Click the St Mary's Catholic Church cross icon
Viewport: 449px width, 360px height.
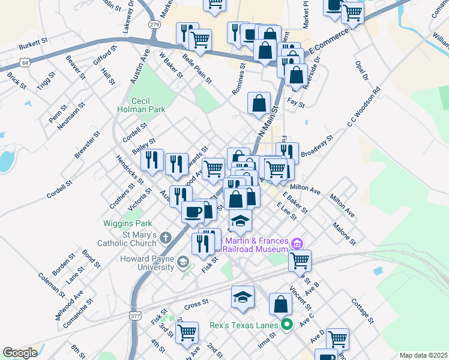166,239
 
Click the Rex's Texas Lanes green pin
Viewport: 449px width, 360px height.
287,325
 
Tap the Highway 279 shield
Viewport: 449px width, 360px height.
155,25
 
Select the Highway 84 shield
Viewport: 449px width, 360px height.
24,62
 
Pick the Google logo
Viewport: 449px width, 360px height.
20,353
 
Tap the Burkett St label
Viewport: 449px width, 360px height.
33,43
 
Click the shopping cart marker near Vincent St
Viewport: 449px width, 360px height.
300,260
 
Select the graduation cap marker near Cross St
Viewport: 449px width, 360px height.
243,297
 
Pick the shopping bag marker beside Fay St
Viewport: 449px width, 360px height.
259,103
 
